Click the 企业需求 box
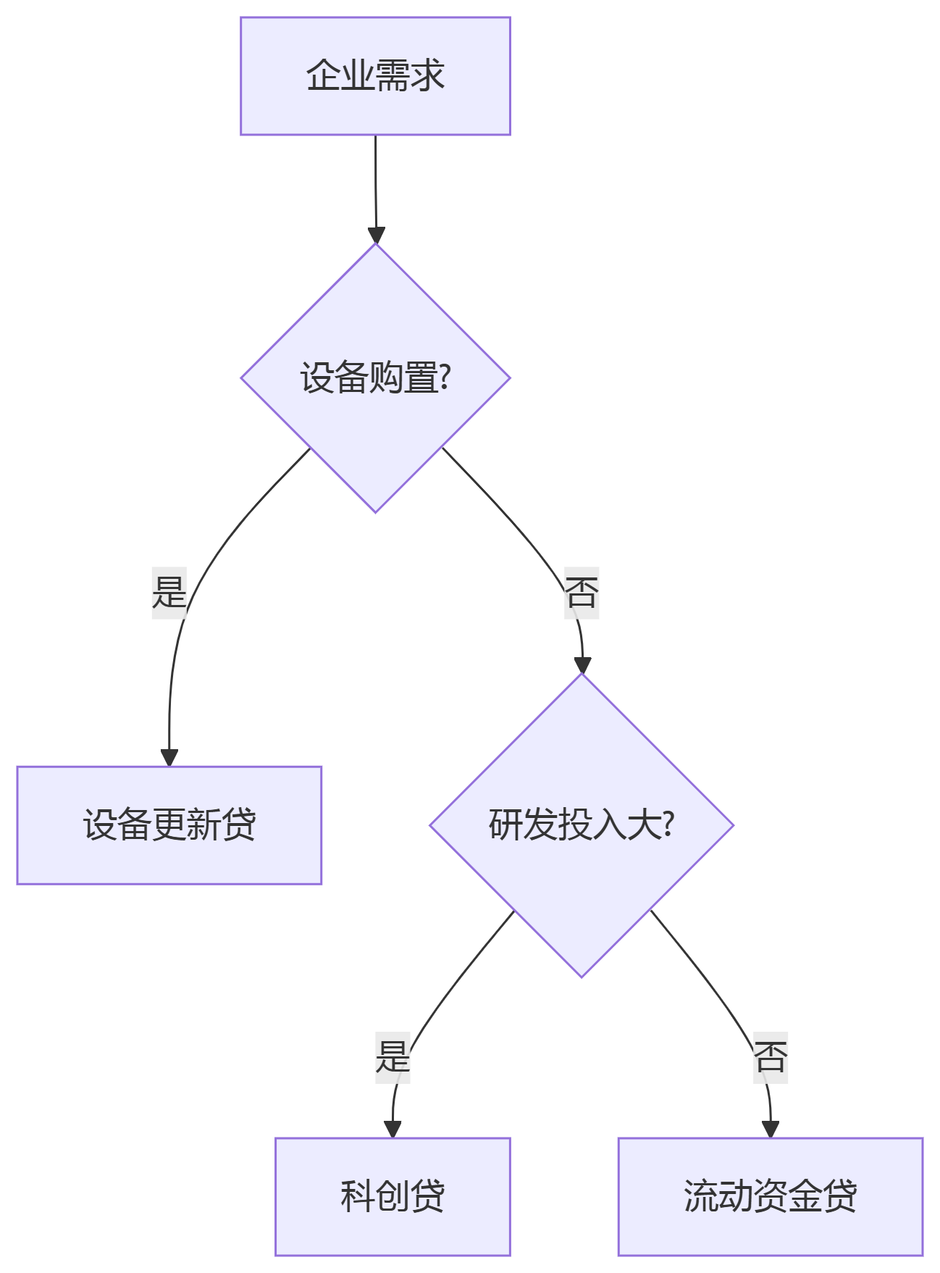(375, 76)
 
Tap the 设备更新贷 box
(169, 825)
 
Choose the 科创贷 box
(393, 1196)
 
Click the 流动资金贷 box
(770, 1196)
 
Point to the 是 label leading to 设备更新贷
(169, 592)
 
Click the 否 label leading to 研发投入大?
(582, 592)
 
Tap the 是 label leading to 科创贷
(393, 1057)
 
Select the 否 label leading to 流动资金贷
(771, 1057)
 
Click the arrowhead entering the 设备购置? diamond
(377, 235)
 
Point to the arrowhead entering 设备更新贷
(169, 758)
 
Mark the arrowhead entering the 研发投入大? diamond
(582, 665)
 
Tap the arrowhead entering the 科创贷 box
(393, 1129)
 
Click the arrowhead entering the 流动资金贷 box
(771, 1129)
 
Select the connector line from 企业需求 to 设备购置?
(375, 181)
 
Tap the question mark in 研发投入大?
(668, 825)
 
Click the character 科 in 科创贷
(358, 1196)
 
